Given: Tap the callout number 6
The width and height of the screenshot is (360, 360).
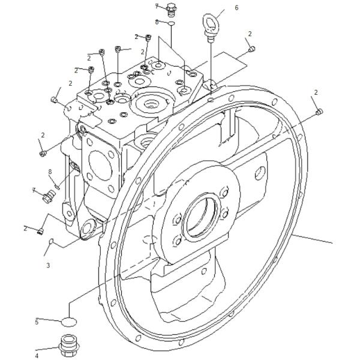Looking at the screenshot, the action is click(x=236, y=8).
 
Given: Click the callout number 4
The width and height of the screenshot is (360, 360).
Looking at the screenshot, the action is click(x=37, y=356).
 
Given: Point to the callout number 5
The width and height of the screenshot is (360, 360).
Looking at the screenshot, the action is click(x=37, y=322).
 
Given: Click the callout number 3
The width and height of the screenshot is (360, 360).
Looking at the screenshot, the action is click(x=48, y=265).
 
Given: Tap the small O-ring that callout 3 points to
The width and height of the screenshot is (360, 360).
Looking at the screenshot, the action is click(x=52, y=241).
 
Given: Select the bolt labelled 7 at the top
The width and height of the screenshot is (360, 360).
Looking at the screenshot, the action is click(x=171, y=10).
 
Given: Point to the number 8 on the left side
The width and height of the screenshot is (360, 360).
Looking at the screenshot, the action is click(x=50, y=172).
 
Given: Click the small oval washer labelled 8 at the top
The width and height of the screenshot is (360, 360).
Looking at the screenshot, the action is click(x=172, y=23).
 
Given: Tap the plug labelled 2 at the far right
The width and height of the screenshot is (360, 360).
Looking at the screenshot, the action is click(x=319, y=112).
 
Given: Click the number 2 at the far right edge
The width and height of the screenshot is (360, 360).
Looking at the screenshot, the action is click(x=316, y=92).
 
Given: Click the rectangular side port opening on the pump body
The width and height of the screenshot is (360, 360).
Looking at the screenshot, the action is click(x=100, y=166).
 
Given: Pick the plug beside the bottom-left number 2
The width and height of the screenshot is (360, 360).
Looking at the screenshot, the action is click(x=40, y=231).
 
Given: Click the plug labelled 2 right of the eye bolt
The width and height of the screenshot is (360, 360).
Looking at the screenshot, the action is click(x=252, y=49).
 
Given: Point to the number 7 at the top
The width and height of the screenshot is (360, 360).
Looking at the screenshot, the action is click(x=157, y=6).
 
